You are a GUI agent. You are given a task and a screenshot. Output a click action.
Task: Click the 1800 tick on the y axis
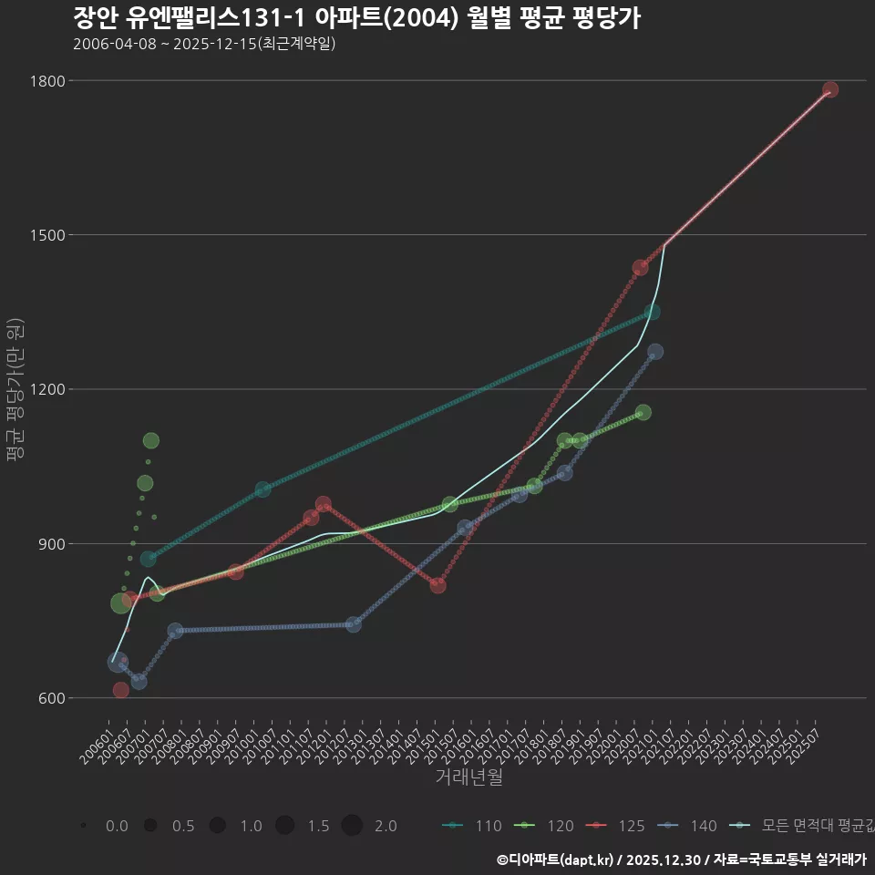[x=47, y=81]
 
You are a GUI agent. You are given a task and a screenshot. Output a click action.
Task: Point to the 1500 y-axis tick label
[x=47, y=235]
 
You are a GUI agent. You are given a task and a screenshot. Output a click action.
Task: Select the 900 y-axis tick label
[x=51, y=544]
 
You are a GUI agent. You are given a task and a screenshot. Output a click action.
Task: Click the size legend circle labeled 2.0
[x=353, y=826]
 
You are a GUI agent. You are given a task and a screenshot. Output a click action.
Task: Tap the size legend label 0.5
[x=182, y=826]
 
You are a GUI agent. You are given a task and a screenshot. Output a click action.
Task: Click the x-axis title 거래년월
[x=468, y=777]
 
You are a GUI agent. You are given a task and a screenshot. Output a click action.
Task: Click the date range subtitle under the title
[x=204, y=43]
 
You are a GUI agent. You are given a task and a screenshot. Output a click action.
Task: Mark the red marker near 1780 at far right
[x=830, y=89]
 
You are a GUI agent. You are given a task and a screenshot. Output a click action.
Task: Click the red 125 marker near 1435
[x=640, y=268]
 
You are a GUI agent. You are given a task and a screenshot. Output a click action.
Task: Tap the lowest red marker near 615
[x=120, y=690]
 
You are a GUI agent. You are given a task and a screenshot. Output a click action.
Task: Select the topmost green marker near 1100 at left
[x=151, y=441]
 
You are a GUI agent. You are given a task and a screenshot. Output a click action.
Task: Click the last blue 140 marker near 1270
[x=655, y=352]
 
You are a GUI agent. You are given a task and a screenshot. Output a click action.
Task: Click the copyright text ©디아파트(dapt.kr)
[x=556, y=860]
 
